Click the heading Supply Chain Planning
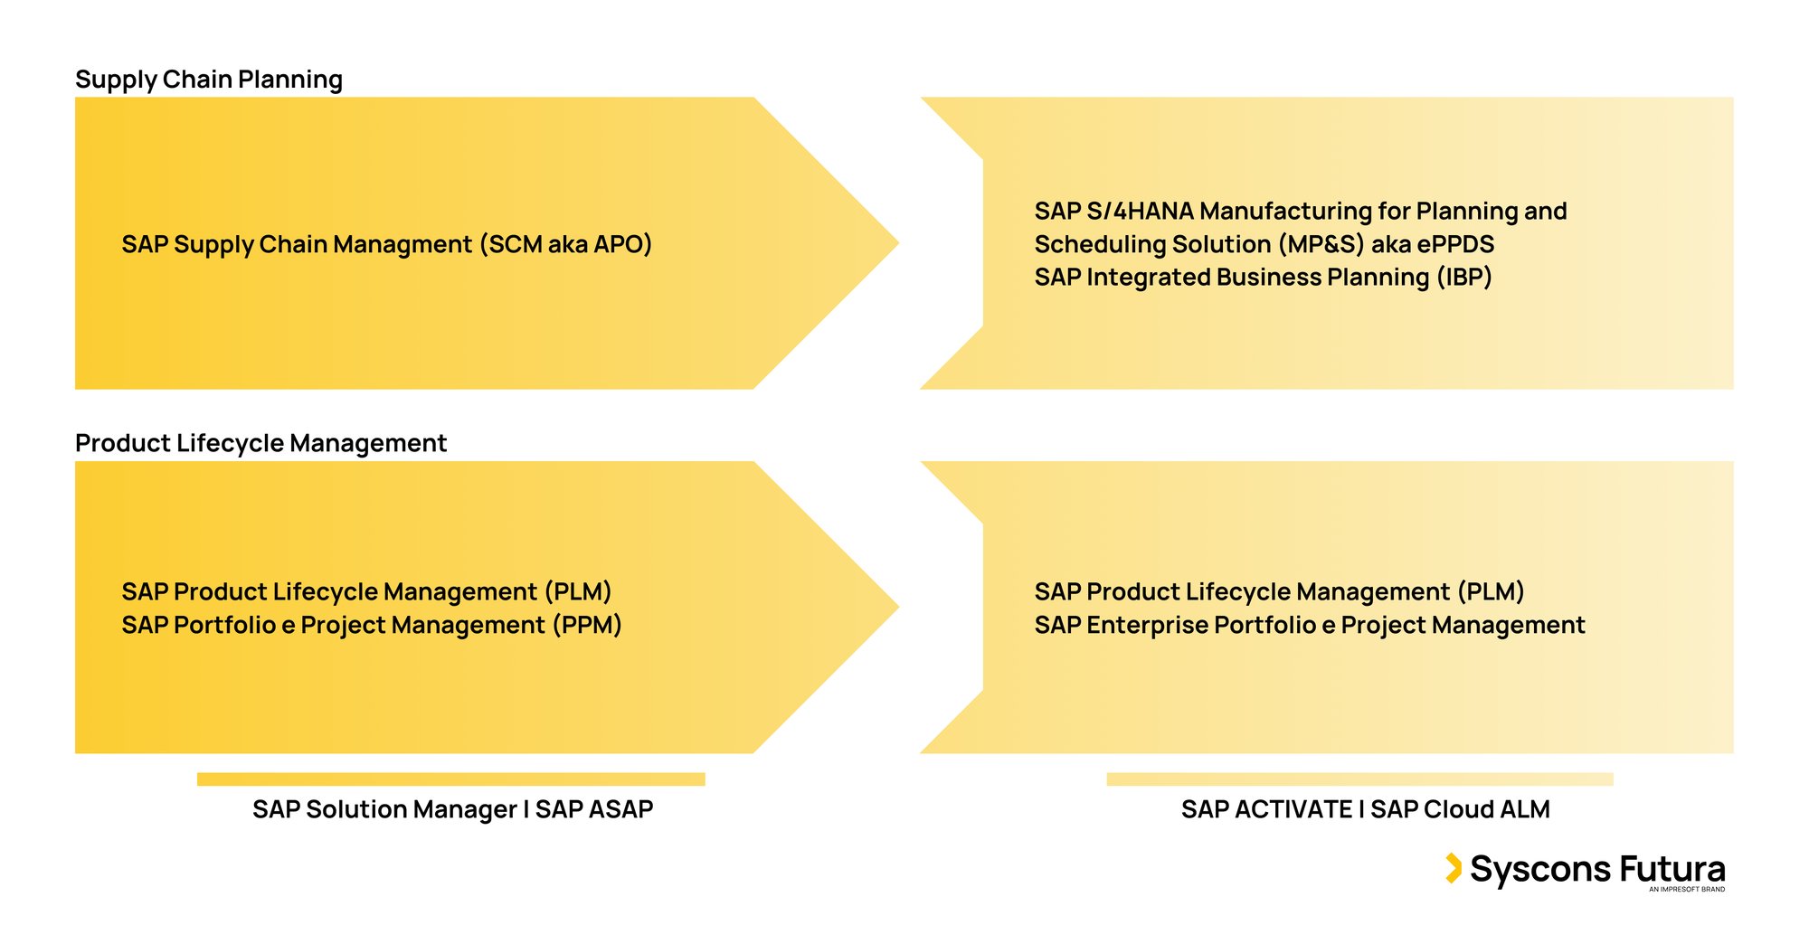coord(209,80)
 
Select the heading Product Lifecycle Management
coord(260,443)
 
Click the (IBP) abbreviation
coord(1464,277)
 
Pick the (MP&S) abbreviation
coord(1321,244)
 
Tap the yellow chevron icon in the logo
coord(1453,868)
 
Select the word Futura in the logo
coord(1672,869)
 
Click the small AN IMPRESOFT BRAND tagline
coord(1686,890)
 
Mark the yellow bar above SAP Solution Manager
coord(450,779)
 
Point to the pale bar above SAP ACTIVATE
coord(1359,779)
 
